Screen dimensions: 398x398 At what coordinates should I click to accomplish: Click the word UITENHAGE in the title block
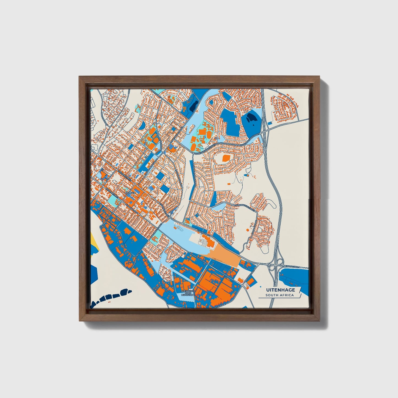pos(280,290)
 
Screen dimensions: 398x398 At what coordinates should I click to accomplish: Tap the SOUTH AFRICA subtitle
pos(280,295)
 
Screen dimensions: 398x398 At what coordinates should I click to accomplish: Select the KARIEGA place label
pos(130,193)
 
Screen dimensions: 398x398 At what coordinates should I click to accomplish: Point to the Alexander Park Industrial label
pos(188,293)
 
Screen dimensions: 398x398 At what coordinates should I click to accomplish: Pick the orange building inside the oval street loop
pos(226,158)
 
